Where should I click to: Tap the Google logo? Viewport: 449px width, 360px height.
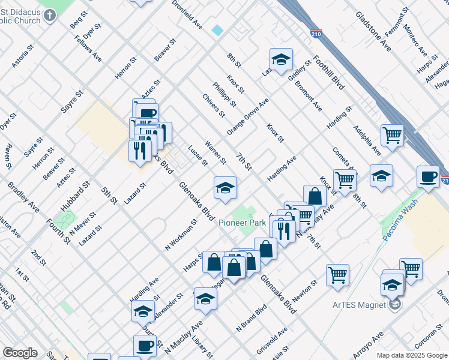20,352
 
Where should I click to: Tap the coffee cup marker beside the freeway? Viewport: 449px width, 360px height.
428,177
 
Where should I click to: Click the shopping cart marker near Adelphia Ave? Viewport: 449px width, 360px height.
392,135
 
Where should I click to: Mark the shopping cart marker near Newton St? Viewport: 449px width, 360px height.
337,275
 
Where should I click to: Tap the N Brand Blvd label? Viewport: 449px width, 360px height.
251,319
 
